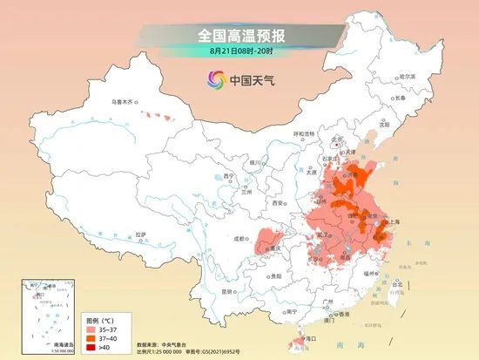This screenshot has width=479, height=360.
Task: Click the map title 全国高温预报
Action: tap(240, 36)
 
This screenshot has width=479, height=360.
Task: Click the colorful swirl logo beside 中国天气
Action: tap(214, 81)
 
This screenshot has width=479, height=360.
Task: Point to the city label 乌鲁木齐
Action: tap(122, 103)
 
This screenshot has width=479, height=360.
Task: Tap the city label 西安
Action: tap(279, 202)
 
